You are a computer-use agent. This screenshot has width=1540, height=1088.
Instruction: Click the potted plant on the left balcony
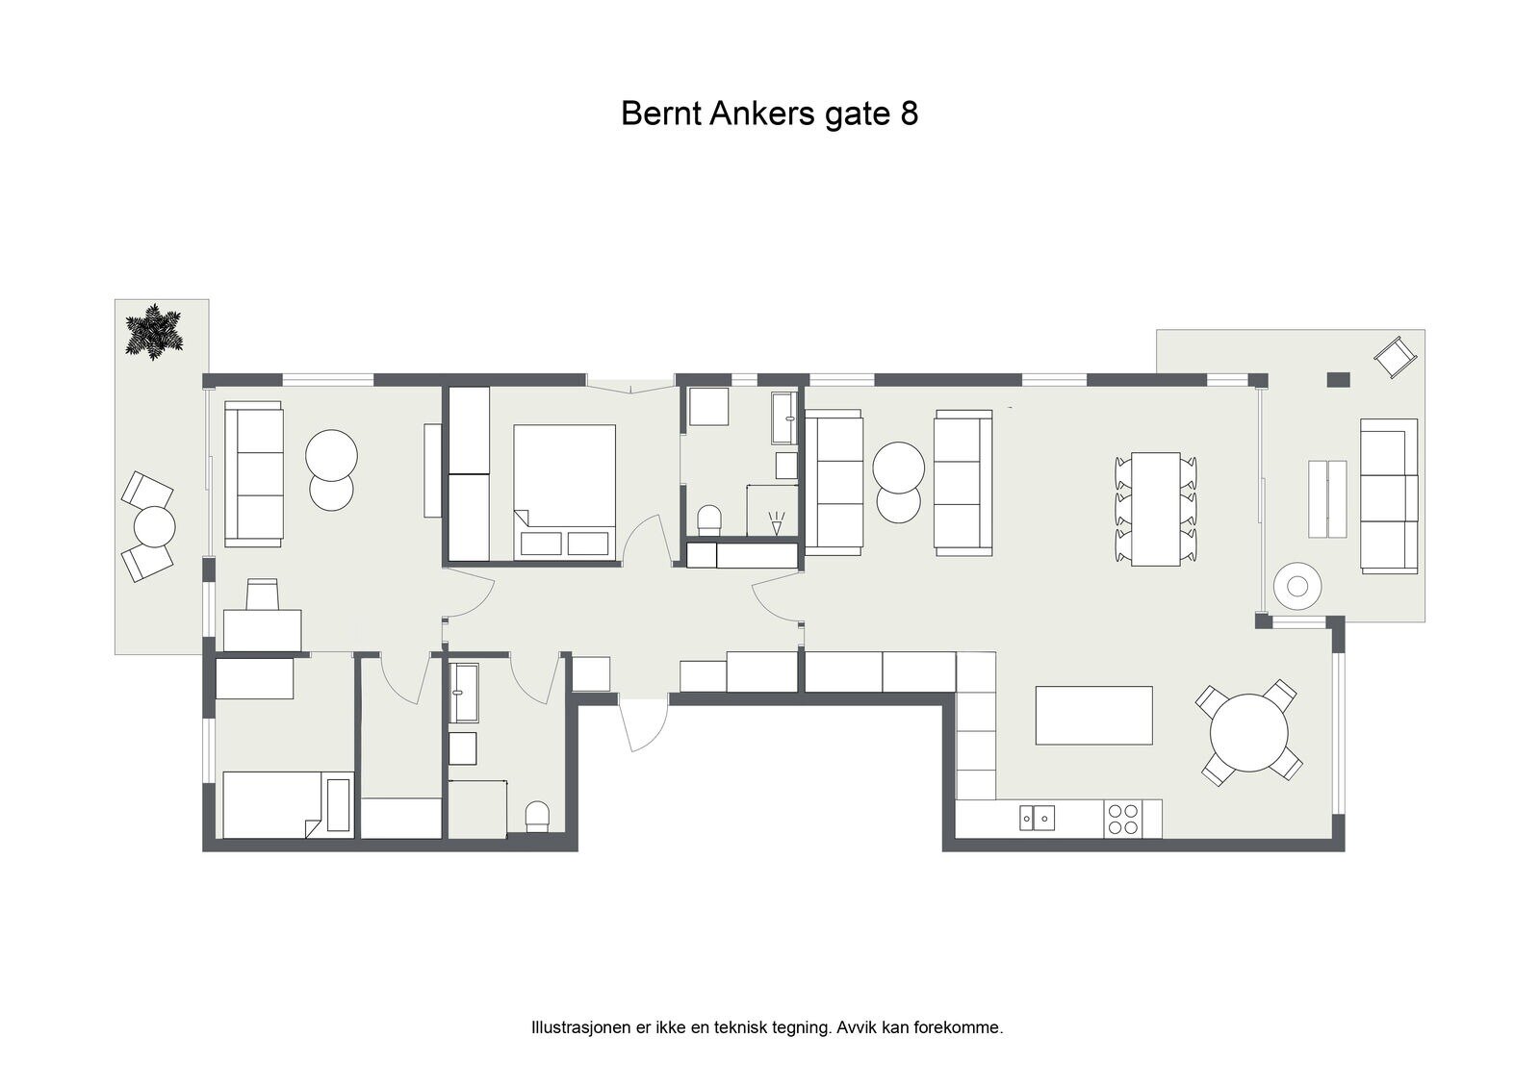154,332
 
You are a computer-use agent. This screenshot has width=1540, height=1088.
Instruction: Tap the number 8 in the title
909,114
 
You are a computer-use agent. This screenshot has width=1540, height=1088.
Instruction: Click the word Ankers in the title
763,114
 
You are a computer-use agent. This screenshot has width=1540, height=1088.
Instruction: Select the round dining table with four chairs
1248,733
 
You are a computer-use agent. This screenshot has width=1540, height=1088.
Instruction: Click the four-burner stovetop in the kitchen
1122,820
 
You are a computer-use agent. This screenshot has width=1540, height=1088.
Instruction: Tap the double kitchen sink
1037,818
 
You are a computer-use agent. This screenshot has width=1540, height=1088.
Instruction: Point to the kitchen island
1093,715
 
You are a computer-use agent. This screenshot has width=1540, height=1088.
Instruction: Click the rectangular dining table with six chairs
1156,509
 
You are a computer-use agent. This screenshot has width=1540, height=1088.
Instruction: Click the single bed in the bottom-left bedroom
288,805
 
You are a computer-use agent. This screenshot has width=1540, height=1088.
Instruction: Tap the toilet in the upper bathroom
709,519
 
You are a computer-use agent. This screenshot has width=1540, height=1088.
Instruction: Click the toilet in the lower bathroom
537,817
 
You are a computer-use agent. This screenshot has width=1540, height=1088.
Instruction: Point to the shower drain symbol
776,523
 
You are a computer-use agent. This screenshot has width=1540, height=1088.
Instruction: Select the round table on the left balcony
155,526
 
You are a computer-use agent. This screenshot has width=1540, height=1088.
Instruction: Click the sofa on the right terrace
1389,496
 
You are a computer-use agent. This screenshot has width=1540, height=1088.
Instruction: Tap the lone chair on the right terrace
1396,357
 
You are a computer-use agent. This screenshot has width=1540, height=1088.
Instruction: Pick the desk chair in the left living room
262,594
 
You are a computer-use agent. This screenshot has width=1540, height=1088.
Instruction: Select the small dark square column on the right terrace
1338,379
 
